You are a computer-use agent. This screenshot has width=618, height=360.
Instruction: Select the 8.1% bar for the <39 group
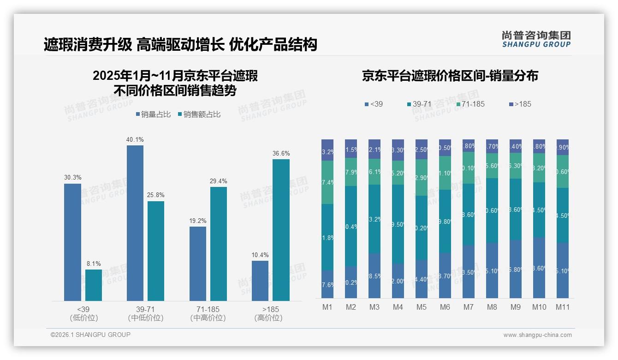(x=94, y=285)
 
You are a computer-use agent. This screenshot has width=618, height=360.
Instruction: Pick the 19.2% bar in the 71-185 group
(x=198, y=264)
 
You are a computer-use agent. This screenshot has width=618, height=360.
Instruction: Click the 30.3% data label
(x=72, y=177)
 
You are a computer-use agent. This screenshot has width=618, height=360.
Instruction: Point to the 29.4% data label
(x=218, y=181)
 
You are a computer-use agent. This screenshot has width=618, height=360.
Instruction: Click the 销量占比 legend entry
(x=154, y=114)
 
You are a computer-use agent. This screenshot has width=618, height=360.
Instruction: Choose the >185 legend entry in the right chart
(x=520, y=104)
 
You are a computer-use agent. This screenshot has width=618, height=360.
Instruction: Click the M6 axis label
(x=445, y=307)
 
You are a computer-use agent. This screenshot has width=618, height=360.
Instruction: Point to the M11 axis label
(x=562, y=307)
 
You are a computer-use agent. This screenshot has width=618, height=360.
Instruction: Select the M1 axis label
(x=327, y=307)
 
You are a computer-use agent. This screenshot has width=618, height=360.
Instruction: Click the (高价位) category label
(x=268, y=318)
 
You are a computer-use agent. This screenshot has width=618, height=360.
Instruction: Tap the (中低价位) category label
(x=146, y=318)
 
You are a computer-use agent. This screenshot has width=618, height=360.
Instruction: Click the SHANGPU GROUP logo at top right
(x=536, y=39)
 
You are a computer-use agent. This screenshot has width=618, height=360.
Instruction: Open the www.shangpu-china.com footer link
(x=537, y=335)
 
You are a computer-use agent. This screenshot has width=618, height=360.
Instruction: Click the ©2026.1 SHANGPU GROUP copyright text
(x=90, y=335)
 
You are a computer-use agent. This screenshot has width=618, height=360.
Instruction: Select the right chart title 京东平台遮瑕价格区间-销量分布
(x=450, y=76)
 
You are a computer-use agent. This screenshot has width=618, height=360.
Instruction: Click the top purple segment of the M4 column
(x=398, y=150)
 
